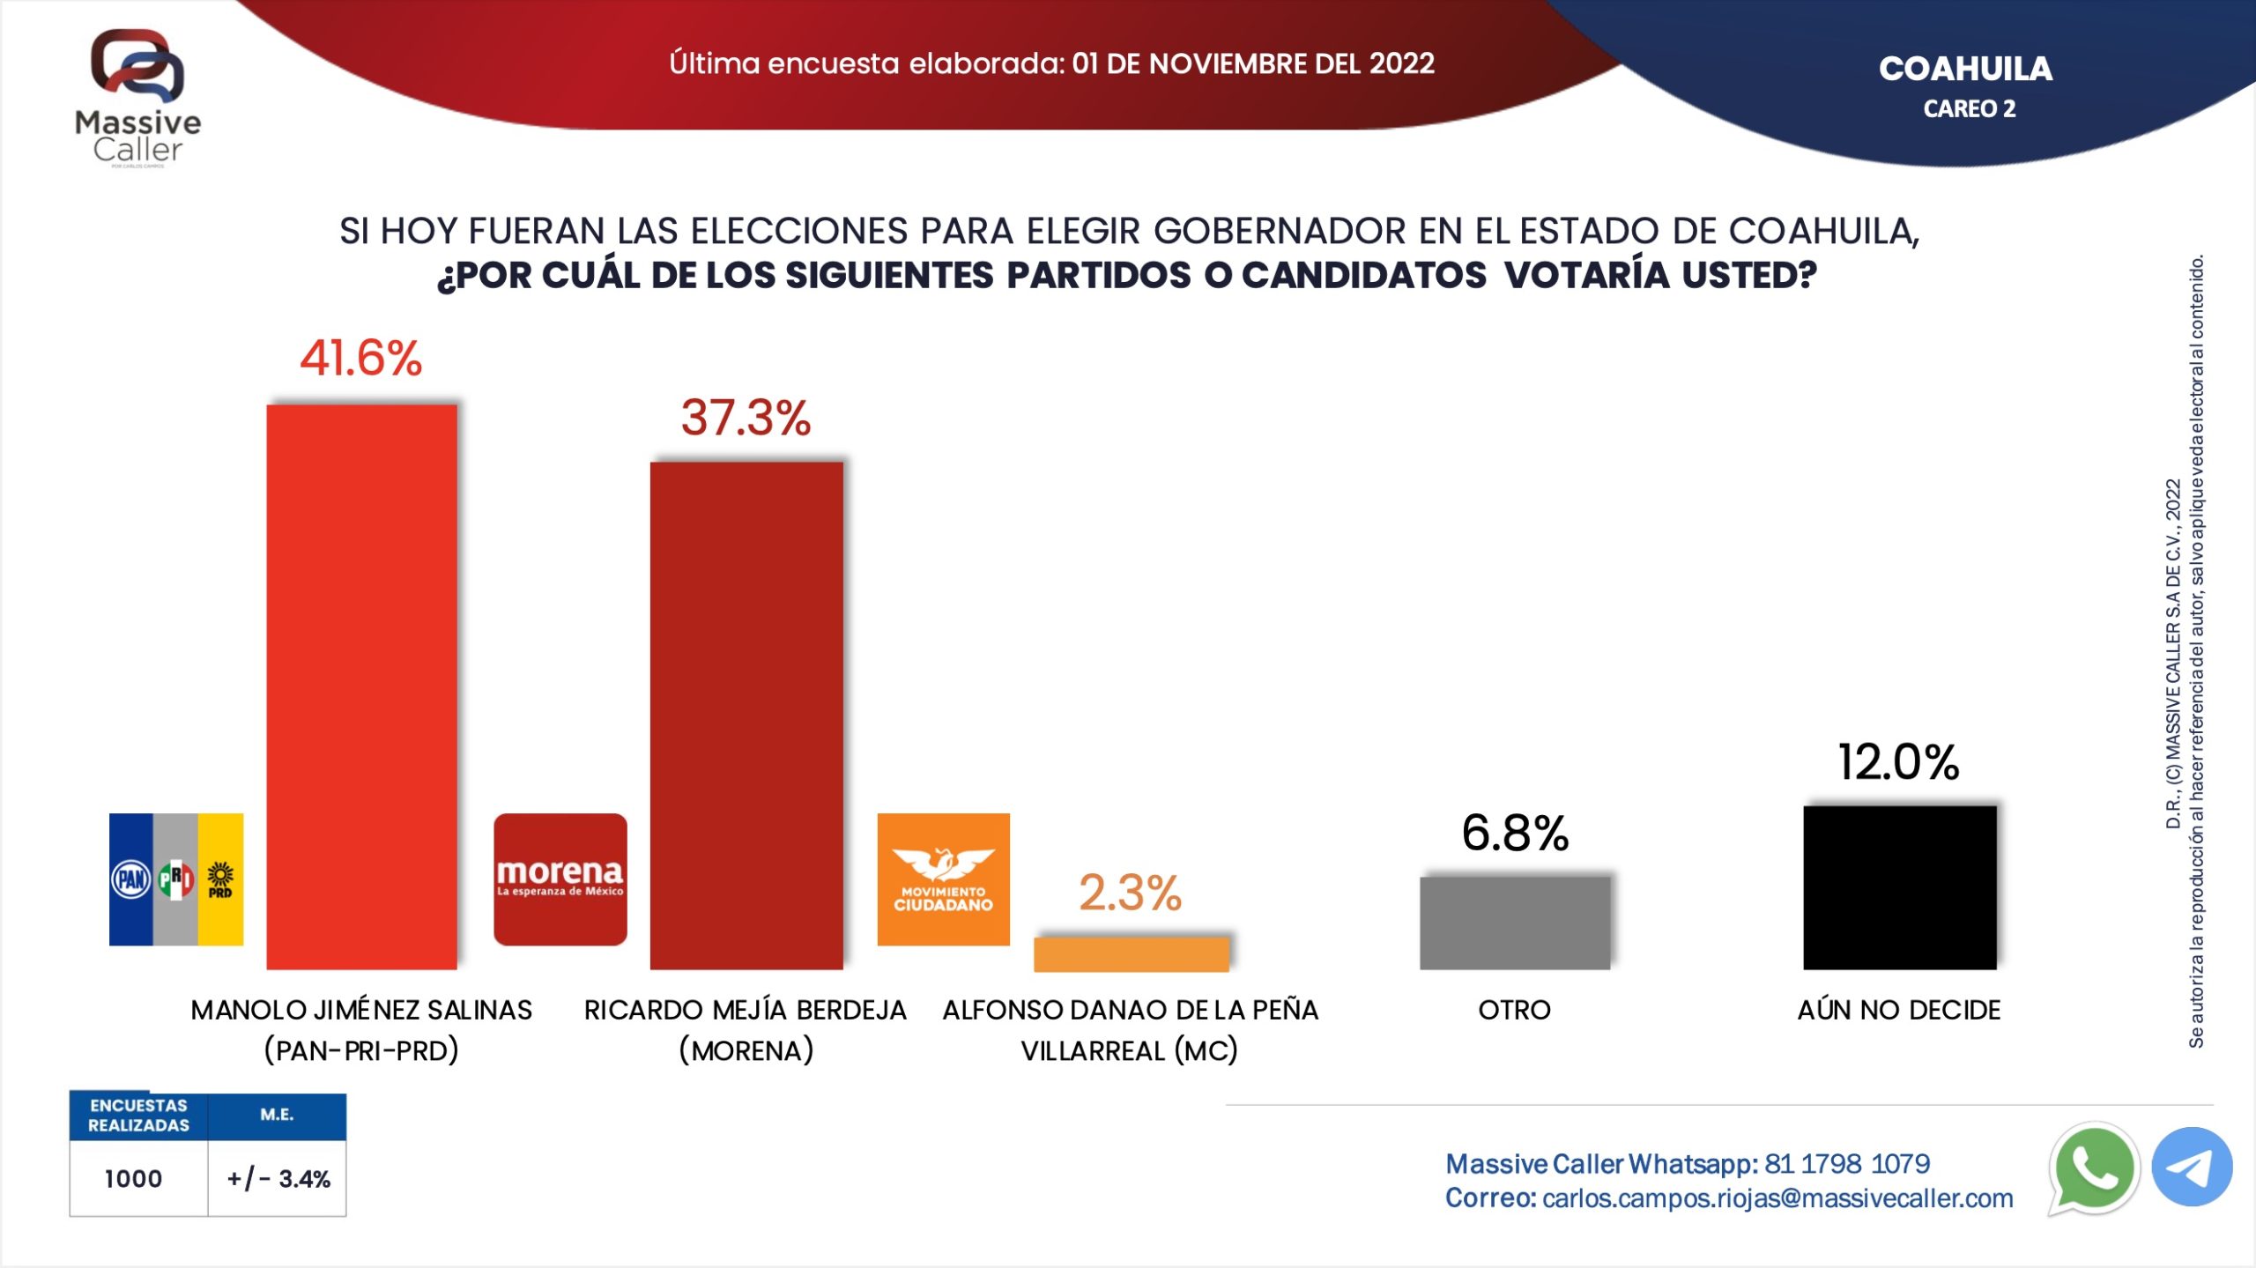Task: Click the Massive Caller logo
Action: point(138,97)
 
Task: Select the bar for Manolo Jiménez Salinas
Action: point(361,687)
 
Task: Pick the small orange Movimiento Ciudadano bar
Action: point(1132,953)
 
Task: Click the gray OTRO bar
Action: point(1515,923)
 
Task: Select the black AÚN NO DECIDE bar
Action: point(1899,887)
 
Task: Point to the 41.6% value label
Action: point(361,359)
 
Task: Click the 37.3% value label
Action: point(746,418)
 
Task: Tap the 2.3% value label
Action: point(1130,893)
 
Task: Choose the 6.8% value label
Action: point(1515,833)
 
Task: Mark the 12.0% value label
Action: point(1898,762)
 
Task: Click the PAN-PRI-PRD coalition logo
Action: point(176,879)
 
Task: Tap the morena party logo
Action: point(560,879)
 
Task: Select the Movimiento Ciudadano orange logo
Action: point(943,879)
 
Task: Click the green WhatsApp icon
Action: point(2094,1168)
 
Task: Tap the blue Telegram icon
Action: point(2192,1167)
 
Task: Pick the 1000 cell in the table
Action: point(134,1179)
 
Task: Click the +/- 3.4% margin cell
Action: point(278,1179)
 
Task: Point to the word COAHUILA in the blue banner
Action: point(1965,69)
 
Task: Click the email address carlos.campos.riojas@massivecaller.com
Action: point(1777,1198)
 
